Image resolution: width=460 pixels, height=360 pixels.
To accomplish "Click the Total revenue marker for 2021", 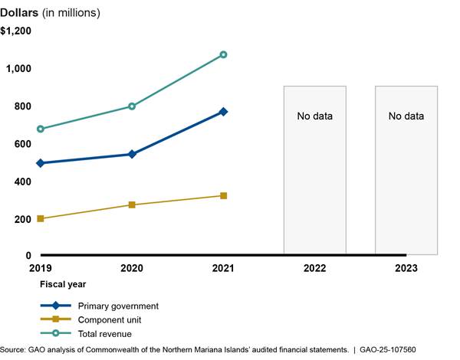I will coord(223,54).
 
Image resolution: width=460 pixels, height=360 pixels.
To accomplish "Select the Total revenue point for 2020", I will coord(132,106).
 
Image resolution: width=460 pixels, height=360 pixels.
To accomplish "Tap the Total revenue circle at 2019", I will coord(41,129).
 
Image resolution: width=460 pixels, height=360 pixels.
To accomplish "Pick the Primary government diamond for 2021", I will coord(223,112).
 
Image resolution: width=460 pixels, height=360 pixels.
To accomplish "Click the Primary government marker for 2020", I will coord(132,154).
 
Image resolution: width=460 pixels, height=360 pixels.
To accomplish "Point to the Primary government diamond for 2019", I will coord(41,163).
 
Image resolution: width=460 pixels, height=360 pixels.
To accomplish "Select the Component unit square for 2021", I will coord(223,196).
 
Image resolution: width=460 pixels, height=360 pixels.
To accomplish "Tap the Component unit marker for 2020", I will coord(132,205).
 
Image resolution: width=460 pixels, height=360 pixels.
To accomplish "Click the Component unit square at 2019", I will coord(41,219).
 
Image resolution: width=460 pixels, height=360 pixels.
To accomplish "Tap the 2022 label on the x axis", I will coord(314,269).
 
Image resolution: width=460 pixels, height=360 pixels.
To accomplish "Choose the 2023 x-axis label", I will coord(406,269).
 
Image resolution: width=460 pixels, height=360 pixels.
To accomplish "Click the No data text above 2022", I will coord(314,116).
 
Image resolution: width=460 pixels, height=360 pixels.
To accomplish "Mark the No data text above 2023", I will coord(406,116).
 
